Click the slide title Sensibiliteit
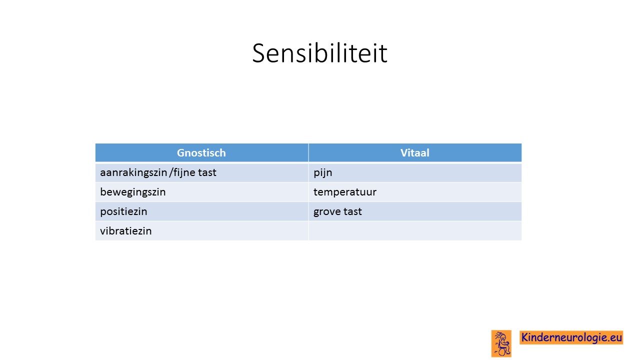tap(319, 53)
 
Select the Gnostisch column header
tap(201, 152)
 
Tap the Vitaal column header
tap(415, 152)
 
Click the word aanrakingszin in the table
tap(133, 173)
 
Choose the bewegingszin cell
tap(201, 192)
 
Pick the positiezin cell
tap(201, 211)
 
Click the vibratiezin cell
tap(201, 231)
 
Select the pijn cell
tap(415, 172)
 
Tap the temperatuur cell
tap(415, 192)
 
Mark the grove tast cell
tap(415, 211)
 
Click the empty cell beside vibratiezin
tap(415, 231)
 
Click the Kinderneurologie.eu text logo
tap(571, 337)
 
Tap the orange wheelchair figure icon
tap(501, 343)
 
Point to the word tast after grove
tap(352, 211)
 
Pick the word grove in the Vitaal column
tap(327, 212)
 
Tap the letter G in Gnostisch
tap(181, 153)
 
